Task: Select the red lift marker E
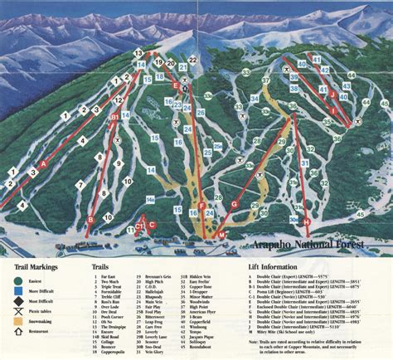point(175,85)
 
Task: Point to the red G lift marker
point(235,203)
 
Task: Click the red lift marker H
point(306,222)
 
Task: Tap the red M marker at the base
point(221,236)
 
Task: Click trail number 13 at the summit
point(138,52)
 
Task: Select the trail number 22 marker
point(193,60)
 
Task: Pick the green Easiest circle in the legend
point(17,280)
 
